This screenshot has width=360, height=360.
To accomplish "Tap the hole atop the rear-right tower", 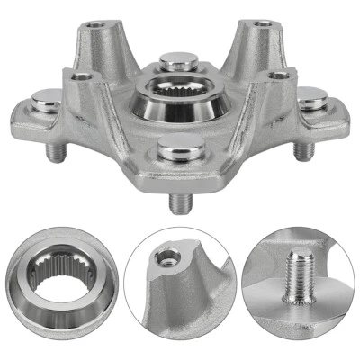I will pos(261,21).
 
